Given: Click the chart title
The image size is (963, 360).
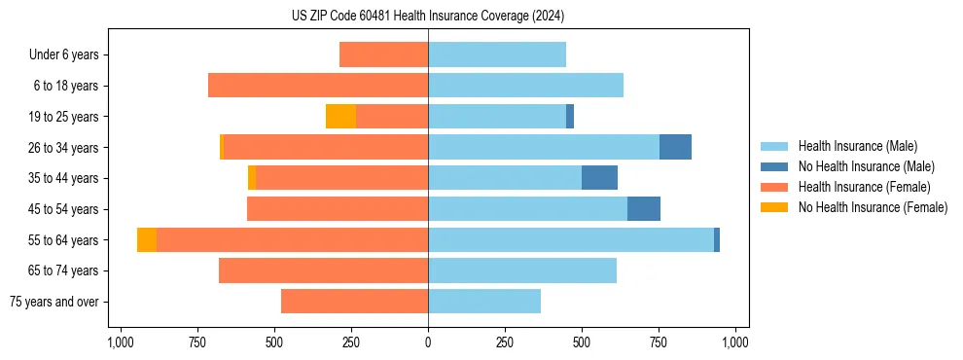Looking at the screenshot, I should coord(428,17).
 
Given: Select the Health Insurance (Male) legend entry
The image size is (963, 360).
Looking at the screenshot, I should coord(857,146).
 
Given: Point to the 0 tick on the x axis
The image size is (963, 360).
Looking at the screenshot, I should coord(428,342).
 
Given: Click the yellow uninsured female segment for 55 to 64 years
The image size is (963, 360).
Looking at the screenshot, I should coord(147,240).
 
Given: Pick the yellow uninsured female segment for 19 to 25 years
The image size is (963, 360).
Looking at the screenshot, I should coord(340,117).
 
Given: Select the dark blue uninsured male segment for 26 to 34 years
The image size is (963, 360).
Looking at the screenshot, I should coord(675,147).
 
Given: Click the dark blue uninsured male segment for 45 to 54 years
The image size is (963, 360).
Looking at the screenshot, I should coord(644,209).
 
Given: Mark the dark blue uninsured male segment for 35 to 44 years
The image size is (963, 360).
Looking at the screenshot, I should coord(599,178).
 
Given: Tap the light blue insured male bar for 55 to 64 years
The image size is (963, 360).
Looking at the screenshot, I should coord(571,240).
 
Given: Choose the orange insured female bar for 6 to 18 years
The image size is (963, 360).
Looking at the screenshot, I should coord(318,86).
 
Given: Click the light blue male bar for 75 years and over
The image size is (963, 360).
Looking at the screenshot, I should coord(484,302).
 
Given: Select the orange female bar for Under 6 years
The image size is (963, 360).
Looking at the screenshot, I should coord(383,55).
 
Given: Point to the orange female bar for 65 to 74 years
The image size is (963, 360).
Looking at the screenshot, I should coord(323,270).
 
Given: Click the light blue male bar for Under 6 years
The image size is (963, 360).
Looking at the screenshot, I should coord(497,55).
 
